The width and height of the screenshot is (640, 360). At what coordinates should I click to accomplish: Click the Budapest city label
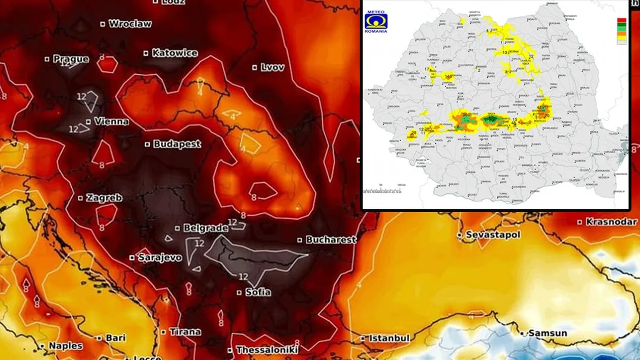[x=177, y=144]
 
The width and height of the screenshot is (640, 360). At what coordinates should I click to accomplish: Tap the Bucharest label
[x=331, y=240]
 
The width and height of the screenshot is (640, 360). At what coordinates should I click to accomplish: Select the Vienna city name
[x=111, y=122]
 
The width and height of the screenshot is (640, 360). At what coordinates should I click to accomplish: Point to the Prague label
[x=71, y=59]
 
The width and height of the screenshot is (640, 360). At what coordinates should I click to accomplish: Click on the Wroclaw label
[x=130, y=23]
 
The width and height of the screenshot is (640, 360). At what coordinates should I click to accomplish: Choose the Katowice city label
[x=175, y=53]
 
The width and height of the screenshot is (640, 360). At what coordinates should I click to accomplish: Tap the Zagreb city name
[x=104, y=198]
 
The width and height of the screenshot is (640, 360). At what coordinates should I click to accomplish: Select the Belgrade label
[x=206, y=228]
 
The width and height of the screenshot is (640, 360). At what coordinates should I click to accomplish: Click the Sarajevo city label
[x=160, y=257]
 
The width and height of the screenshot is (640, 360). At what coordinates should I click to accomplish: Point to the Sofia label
[x=258, y=292]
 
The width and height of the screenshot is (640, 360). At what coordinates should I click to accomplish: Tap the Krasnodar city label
[x=611, y=222]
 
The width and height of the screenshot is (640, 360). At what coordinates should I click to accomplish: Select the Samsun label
[x=548, y=333]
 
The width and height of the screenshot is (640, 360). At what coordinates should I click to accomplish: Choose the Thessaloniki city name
[x=267, y=350]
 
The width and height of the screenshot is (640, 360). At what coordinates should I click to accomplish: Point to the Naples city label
[x=66, y=346]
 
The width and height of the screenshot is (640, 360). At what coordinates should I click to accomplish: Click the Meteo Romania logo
[x=376, y=22]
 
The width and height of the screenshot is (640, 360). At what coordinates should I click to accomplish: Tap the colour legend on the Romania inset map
[x=621, y=32]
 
